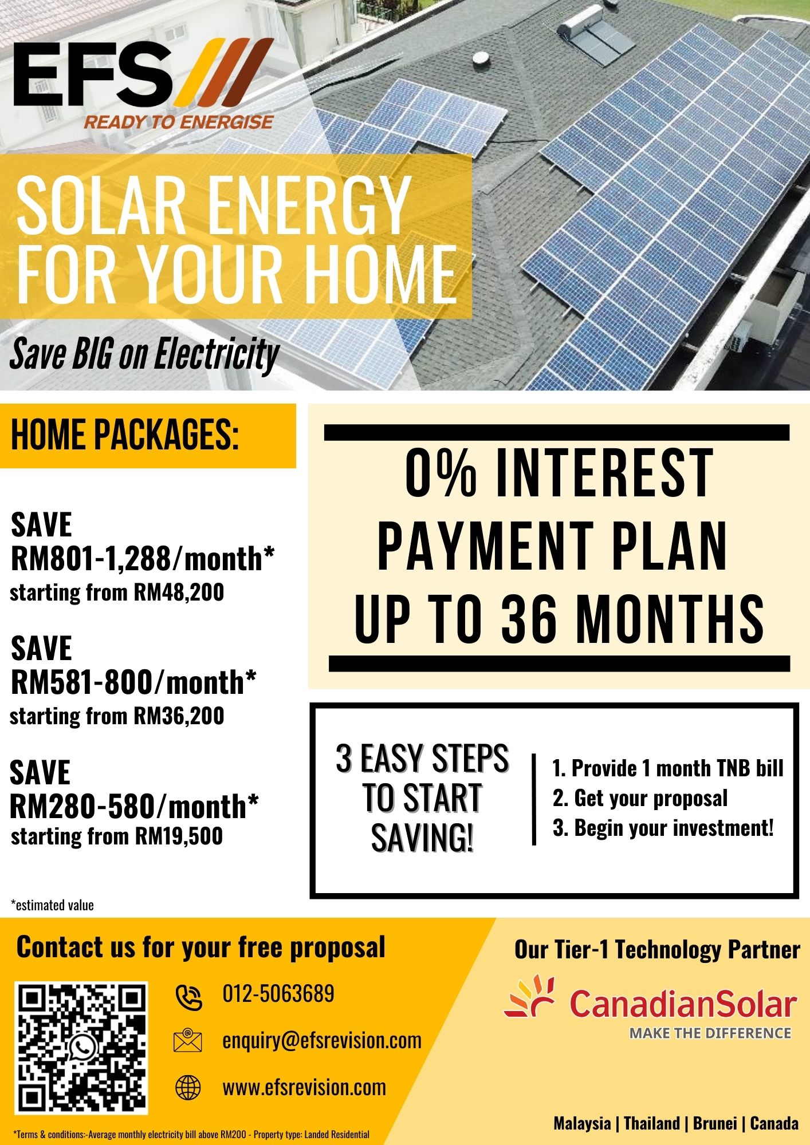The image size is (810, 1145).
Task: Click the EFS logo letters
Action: coord(92,73)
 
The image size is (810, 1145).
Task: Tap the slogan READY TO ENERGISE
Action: coord(179,122)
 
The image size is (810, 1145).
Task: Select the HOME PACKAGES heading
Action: coord(125,435)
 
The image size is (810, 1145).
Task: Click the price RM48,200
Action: coord(179,593)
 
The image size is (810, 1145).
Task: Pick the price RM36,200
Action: coord(179,716)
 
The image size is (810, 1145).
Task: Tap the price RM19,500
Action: coord(179,836)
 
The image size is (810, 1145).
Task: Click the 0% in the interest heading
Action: coord(441,473)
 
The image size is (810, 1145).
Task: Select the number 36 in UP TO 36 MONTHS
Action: coord(529,618)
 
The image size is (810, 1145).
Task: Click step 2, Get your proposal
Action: coord(640,799)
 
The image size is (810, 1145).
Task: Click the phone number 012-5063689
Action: coord(278,994)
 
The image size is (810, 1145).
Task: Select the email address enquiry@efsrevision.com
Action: coord(322,1041)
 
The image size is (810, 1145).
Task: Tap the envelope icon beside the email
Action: coord(188,1040)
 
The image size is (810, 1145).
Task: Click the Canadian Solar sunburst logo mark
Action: coord(529,996)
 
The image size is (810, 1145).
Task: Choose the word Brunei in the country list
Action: coord(715,1123)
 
